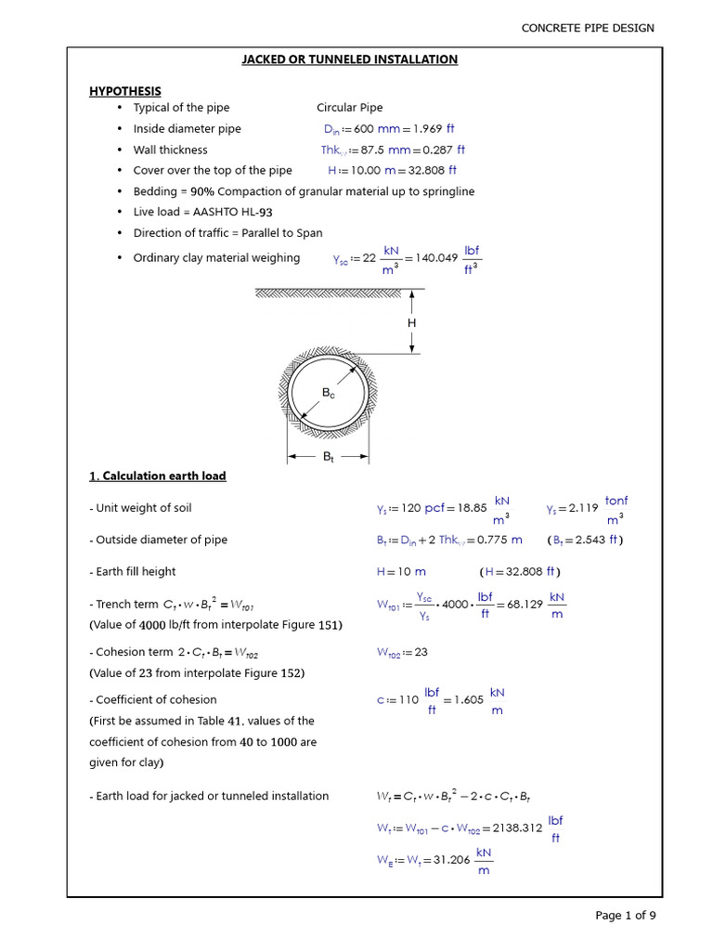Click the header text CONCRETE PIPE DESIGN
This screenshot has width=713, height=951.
588,28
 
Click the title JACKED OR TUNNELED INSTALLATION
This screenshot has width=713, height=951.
349,59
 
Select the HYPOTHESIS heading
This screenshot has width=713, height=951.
124,91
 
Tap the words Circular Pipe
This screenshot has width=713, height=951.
349,108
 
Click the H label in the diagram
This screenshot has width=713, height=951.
411,322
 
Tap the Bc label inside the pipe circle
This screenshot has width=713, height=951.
328,393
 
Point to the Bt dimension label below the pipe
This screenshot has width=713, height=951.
329,457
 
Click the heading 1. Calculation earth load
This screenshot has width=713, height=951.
157,476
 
